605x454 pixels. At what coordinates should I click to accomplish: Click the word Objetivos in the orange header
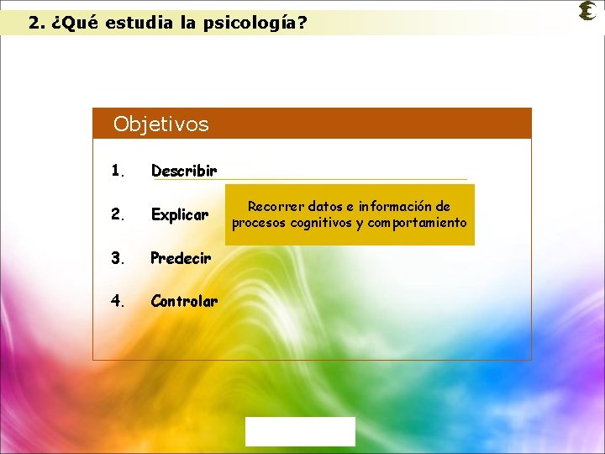tap(160, 124)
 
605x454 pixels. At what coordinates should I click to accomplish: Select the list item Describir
tap(183, 172)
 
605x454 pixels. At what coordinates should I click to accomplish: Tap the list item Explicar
tap(179, 215)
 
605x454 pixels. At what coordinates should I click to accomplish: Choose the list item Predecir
tap(181, 258)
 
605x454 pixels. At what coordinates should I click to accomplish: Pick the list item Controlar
tap(184, 301)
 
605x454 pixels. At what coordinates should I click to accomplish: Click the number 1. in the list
tap(118, 172)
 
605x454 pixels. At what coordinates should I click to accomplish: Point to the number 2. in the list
tap(118, 215)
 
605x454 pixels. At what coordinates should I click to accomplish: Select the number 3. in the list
tap(118, 258)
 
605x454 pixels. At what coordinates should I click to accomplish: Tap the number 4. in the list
tap(118, 301)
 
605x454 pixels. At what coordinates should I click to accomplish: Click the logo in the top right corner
tap(588, 11)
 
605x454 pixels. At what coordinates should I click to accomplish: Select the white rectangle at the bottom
tap(300, 431)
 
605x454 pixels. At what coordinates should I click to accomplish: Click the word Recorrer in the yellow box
tap(276, 207)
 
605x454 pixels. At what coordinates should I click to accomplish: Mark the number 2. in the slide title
tap(36, 24)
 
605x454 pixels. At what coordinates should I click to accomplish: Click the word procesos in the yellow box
tap(258, 223)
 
